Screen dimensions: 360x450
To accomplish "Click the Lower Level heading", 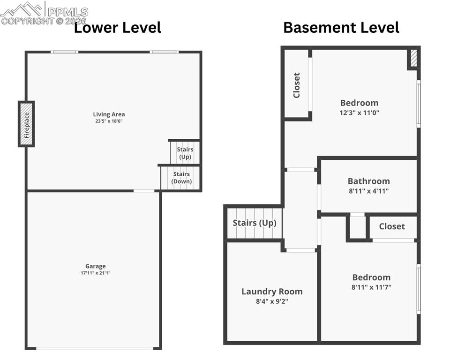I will (x=118, y=27).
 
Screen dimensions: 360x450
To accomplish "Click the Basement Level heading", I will (x=341, y=27).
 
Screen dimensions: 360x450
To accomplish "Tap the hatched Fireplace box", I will (x=26, y=124).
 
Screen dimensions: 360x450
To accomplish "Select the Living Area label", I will (x=109, y=114).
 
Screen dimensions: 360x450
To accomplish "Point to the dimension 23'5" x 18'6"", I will (x=109, y=121).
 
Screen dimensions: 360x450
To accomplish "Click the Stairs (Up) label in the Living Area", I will (x=185, y=153).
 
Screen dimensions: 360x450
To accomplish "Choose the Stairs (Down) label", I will (x=181, y=178).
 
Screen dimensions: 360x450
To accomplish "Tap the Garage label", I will (x=95, y=266).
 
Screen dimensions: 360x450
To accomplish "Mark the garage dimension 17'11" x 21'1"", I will (x=95, y=273).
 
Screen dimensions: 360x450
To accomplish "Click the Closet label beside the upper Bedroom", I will (x=296, y=85).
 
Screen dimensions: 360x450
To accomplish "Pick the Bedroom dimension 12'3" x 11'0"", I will (x=359, y=112).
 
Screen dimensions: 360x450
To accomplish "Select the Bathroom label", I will (x=368, y=181).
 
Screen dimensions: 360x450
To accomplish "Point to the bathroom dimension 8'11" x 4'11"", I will (x=368, y=191).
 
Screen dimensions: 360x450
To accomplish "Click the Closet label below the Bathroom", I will (x=392, y=226).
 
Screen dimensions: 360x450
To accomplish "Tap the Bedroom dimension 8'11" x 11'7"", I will (x=371, y=287).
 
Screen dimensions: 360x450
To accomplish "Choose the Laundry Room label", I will (x=272, y=292).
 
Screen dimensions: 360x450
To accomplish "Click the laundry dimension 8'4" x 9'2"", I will (x=272, y=301).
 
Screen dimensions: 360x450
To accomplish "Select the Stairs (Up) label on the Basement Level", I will (x=255, y=223).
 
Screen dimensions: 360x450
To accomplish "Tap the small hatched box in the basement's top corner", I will (x=413, y=58).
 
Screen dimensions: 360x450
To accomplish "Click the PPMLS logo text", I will (x=67, y=11).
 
